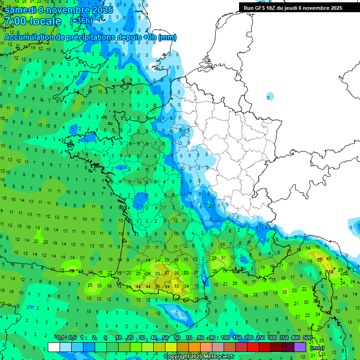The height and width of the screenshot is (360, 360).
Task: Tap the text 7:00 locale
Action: tap(33, 21)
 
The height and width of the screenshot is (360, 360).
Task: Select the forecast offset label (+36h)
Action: tap(81, 21)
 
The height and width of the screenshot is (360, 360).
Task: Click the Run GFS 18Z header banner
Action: tap(293, 8)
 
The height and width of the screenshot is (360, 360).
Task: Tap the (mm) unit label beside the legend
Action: tap(317, 348)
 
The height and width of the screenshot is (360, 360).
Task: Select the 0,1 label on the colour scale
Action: tap(60, 338)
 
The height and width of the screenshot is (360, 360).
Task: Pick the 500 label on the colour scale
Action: tap(307, 338)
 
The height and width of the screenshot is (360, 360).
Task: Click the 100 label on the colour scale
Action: tap(225, 338)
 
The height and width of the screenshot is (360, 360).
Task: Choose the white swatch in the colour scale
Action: tap(54, 347)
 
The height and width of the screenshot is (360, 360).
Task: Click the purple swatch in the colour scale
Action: tap(300, 347)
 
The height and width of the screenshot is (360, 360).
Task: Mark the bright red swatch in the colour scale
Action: tap(253, 347)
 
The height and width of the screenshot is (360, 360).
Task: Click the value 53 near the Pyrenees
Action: tap(177, 286)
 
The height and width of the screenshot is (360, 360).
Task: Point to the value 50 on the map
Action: tap(157, 286)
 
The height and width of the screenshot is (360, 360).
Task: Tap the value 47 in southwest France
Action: tap(167, 273)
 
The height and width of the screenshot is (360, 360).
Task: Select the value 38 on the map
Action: tap(177, 273)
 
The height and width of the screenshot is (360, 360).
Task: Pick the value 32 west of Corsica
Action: tap(285, 292)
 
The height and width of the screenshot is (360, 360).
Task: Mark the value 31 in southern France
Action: tap(224, 258)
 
